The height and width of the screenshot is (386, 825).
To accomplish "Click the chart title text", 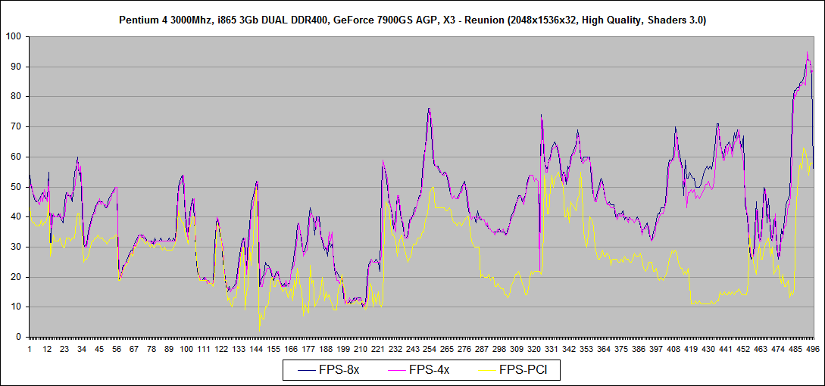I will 412,20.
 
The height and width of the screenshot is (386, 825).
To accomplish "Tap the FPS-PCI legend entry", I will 523,370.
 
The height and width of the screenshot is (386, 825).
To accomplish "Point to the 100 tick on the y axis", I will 14,36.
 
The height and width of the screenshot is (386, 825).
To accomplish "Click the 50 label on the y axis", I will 16,187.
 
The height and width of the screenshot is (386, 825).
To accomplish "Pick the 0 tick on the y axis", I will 19,337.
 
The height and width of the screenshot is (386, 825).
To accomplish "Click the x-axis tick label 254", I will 430,349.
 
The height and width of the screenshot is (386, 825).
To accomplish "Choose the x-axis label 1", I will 30,349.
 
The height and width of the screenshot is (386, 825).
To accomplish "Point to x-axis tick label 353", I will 586,349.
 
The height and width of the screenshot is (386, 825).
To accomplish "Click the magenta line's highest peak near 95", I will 808,52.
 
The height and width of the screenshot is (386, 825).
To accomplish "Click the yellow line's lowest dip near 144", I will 259,330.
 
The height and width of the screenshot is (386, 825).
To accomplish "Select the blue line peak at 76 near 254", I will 429,109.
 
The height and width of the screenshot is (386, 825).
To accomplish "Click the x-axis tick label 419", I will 691,349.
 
